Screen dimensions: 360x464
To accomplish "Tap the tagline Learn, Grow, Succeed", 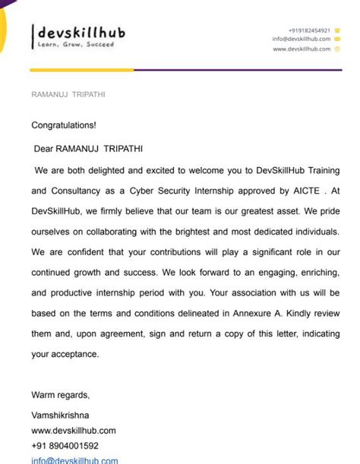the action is [76, 45].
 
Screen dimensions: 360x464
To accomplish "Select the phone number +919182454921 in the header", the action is [309, 30].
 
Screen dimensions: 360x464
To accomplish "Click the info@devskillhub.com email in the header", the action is [302, 39].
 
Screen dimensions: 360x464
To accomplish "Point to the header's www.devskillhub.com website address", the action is [302, 49].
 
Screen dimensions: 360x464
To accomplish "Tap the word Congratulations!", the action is [64, 125].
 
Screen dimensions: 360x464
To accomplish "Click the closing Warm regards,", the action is [60, 394].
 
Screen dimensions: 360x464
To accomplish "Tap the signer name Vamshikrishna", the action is [60, 415].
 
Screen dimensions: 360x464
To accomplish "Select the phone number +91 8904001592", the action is [65, 446].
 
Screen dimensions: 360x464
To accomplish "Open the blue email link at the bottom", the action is [74, 460].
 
